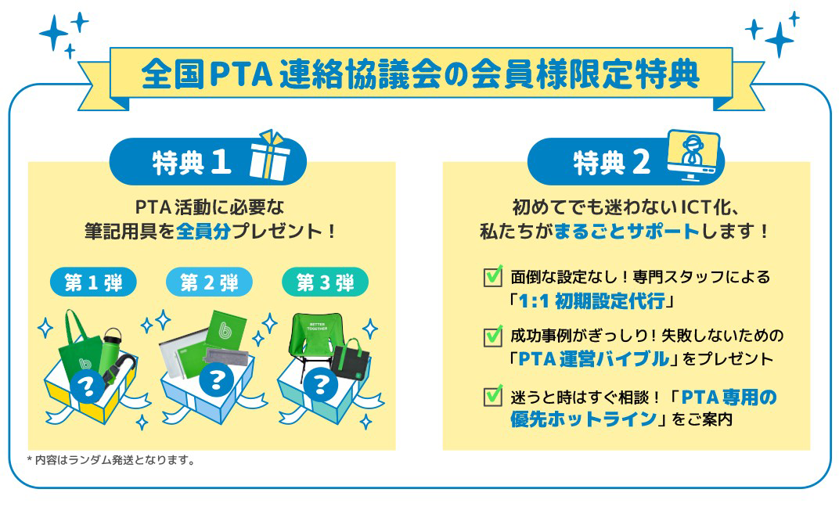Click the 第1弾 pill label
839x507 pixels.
(93, 282)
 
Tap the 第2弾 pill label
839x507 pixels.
(209, 282)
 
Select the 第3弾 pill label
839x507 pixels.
(325, 282)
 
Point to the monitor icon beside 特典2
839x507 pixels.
(693, 155)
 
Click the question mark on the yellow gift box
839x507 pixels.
(87, 385)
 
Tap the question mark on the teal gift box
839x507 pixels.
(320, 384)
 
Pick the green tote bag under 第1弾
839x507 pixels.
(80, 345)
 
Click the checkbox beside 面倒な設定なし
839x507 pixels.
(492, 276)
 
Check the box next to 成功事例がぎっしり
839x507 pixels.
(492, 336)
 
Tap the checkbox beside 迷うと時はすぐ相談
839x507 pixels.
(492, 395)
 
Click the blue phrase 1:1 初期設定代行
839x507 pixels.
(592, 301)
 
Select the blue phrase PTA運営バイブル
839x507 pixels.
(594, 358)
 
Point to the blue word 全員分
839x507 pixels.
(203, 231)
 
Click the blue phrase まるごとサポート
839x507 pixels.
(627, 231)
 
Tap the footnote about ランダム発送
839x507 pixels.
(110, 460)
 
